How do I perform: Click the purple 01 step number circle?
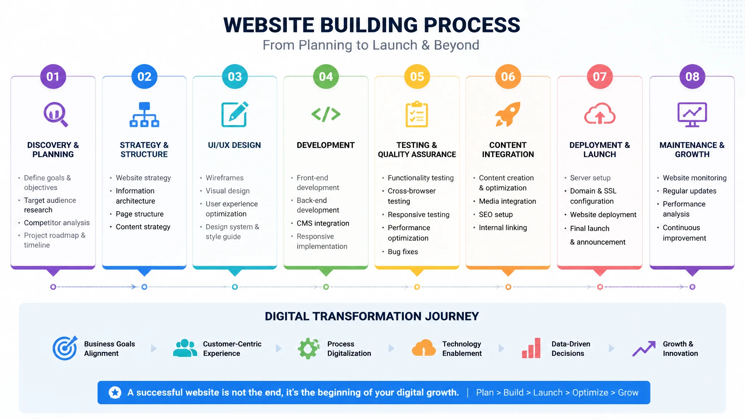[x=53, y=77]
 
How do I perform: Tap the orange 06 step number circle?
[x=508, y=77]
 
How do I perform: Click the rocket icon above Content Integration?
[x=508, y=114]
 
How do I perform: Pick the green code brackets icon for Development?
[x=326, y=114]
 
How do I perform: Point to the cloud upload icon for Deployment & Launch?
[x=600, y=114]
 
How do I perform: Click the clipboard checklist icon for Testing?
[x=417, y=114]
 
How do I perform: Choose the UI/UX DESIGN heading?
[x=234, y=145]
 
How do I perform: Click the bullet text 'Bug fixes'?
[x=403, y=252]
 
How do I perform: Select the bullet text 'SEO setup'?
[x=496, y=215]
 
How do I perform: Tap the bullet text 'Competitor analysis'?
[x=57, y=223]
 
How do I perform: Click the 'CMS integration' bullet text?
[x=323, y=223]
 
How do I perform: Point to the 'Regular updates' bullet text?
[x=689, y=191]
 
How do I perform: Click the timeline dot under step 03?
[x=235, y=287]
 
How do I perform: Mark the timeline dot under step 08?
[x=692, y=287]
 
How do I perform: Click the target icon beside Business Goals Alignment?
[x=65, y=348]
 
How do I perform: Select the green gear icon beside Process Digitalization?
[x=308, y=348]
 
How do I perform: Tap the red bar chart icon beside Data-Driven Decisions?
[x=531, y=348]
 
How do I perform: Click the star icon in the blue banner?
[x=115, y=392]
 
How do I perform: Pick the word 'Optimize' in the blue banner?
[x=590, y=393]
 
